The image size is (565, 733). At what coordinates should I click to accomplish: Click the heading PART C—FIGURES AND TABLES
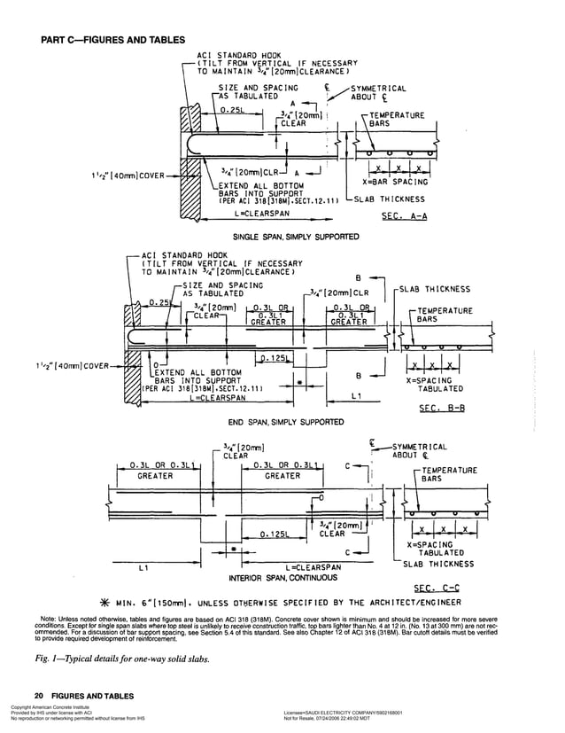(x=113, y=40)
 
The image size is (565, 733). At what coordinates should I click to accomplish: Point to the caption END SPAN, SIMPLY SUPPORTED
(x=285, y=422)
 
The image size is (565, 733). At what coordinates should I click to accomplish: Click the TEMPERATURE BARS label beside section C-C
(x=447, y=474)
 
